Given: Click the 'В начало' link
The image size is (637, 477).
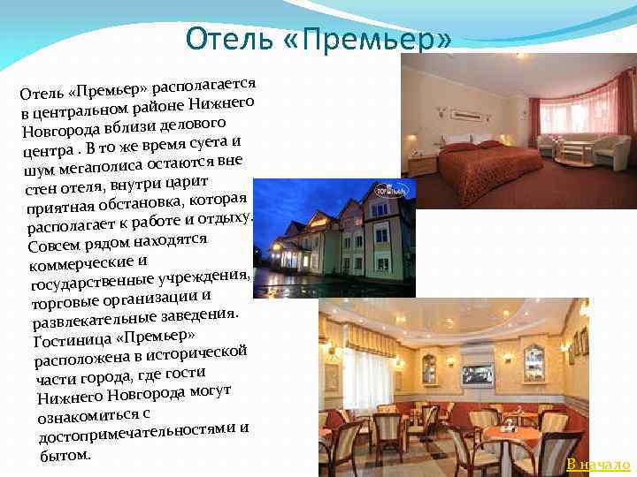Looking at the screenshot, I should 598,465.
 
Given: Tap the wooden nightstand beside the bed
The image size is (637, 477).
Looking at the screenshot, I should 423,164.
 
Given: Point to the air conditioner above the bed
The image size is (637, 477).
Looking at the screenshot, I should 468,113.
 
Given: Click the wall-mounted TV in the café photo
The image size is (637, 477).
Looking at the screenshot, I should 477,373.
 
